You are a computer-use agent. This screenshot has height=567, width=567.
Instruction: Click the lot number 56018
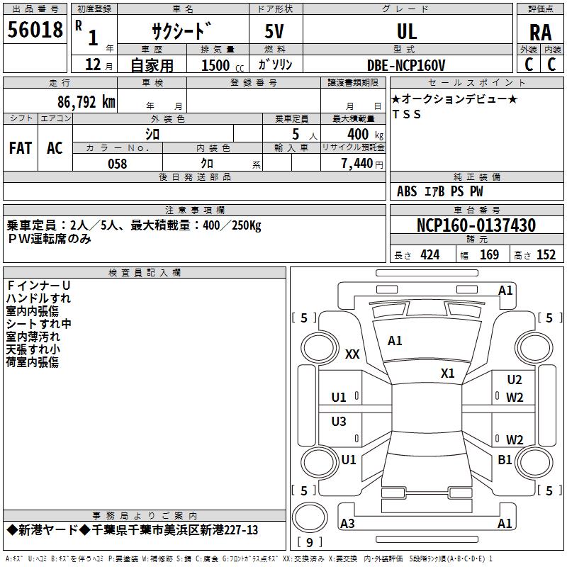tap(35, 30)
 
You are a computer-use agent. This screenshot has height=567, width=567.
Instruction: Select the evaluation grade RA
tap(540, 32)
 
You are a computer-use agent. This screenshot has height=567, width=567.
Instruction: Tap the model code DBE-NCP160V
tap(407, 65)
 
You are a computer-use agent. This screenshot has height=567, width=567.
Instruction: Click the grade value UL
tap(407, 31)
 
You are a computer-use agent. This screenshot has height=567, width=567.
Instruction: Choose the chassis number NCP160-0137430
tap(476, 225)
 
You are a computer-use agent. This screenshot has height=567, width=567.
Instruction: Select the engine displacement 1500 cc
tap(216, 65)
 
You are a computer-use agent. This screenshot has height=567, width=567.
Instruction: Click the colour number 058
tap(117, 164)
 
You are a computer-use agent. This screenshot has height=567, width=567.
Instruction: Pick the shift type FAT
tap(21, 147)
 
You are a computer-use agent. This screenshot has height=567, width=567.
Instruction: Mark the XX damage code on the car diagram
tap(352, 355)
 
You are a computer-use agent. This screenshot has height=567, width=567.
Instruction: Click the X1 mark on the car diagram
tap(447, 374)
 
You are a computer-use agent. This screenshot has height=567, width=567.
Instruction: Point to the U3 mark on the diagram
tap(339, 422)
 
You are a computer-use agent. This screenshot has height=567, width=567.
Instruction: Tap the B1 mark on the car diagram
tap(505, 460)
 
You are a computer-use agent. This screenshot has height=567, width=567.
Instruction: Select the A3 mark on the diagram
tap(347, 524)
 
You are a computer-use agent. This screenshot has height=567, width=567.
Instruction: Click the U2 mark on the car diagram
tap(515, 381)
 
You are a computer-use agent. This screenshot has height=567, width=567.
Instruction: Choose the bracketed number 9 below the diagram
tap(310, 543)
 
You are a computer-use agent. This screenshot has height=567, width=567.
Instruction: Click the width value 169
tap(489, 254)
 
